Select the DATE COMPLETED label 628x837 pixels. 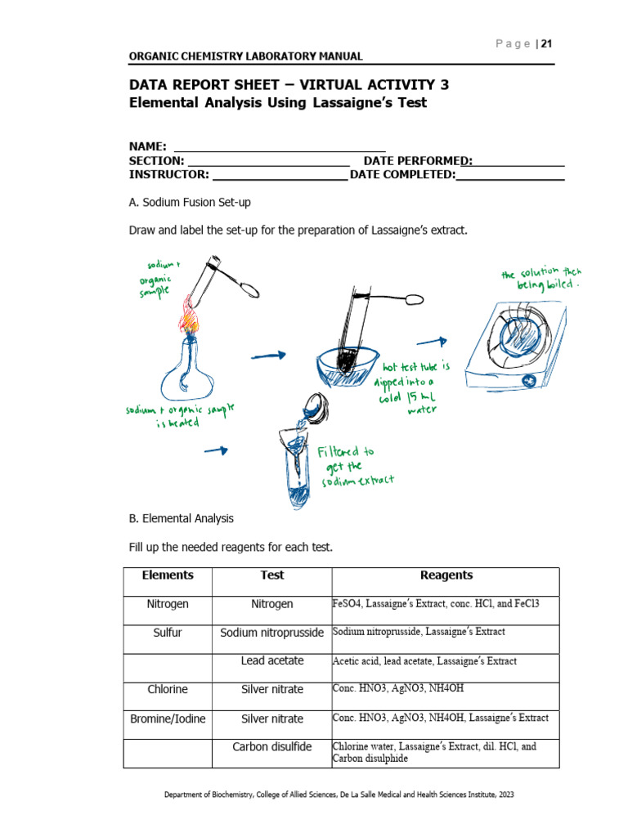[402, 175]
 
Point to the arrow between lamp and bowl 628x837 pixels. [268, 355]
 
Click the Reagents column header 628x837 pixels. [446, 575]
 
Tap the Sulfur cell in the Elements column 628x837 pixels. [168, 633]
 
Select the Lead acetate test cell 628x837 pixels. [272, 660]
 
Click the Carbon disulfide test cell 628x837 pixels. [272, 747]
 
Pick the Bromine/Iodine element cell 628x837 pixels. [168, 718]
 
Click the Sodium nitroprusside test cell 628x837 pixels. [272, 633]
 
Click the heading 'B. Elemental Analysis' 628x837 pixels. [182, 518]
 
